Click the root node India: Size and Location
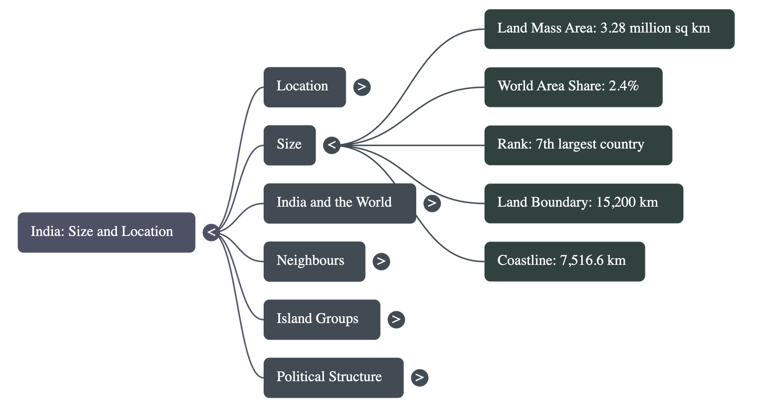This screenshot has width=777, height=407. point(106,232)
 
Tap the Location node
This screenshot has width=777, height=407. point(304,87)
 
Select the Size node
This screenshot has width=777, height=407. point(289,145)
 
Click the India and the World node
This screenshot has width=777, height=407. point(339,203)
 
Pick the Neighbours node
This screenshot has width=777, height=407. point(314,261)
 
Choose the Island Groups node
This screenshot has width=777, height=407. point(322,319)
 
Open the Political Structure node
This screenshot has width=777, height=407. point(334,377)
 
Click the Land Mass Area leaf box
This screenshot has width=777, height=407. point(609,29)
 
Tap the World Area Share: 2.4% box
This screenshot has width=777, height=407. point(573,87)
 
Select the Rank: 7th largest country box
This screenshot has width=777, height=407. point(578,145)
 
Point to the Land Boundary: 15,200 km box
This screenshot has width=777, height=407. point(583,203)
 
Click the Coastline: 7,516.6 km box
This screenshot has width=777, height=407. point(564,261)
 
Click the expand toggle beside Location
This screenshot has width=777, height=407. point(361,87)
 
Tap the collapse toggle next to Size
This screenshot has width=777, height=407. point(332,145)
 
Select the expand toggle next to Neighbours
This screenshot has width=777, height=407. point(381,261)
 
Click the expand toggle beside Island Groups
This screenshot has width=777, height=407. point(396,319)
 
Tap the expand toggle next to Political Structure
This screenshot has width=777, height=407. point(420,377)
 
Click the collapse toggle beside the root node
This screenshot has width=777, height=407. point(211,232)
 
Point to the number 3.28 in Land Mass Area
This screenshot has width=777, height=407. point(613,28)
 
